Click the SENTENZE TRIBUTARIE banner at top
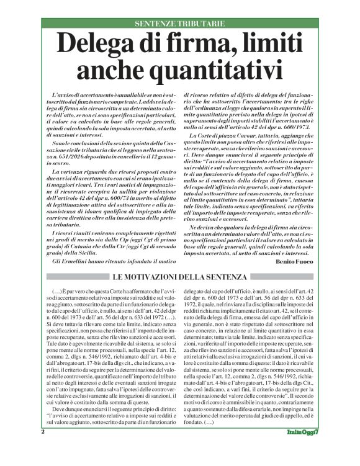point(179,23)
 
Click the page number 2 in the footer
point(43,449)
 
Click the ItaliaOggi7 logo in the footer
point(302,449)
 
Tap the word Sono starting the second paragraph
point(60,144)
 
